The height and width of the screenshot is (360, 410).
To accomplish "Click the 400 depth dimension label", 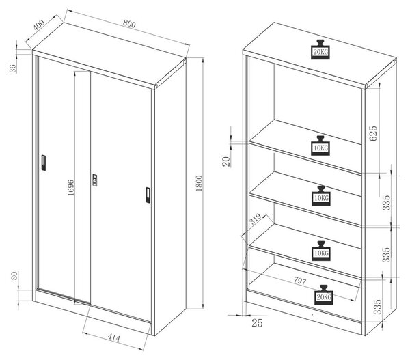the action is click(x=39, y=25).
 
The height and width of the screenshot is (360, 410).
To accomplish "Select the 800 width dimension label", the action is click(x=129, y=24).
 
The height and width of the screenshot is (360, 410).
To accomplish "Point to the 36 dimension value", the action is click(x=13, y=68).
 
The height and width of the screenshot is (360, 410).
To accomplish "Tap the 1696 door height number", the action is click(x=71, y=187).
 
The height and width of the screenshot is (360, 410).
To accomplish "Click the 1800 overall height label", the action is click(x=199, y=183).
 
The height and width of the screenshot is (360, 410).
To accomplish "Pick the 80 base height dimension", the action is click(x=14, y=275).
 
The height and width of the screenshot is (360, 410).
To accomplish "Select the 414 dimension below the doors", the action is click(x=113, y=338).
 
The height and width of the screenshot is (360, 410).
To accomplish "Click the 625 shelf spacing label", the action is click(x=373, y=133).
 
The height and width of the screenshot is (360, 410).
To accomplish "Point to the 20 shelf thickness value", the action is click(x=226, y=162).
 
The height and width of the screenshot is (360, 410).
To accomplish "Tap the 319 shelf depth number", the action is click(x=255, y=219).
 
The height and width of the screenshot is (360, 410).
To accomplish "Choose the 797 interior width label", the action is click(x=300, y=281).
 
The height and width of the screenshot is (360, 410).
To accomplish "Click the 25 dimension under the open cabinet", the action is click(x=257, y=323).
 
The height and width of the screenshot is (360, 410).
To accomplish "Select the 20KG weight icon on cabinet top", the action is click(x=320, y=49).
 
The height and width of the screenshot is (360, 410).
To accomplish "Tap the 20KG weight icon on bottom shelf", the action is click(x=324, y=295).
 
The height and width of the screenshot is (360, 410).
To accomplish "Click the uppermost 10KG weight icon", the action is click(x=320, y=146).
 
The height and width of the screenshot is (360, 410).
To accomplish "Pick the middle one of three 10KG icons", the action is click(x=321, y=196).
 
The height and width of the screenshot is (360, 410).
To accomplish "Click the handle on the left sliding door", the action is click(x=44, y=163).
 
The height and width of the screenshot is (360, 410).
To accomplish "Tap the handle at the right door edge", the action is click(x=148, y=195).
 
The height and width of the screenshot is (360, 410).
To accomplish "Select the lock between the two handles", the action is click(x=95, y=180).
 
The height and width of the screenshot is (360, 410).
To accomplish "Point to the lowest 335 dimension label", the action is click(x=378, y=307).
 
